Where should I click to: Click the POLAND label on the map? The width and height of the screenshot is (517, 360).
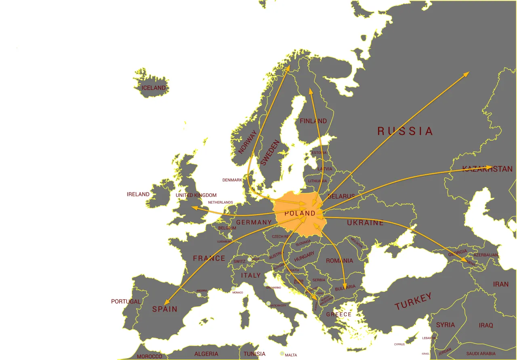click(x=300, y=213)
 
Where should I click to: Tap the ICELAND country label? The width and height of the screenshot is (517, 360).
click(x=153, y=88)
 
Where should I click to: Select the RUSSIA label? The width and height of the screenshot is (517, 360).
click(x=405, y=131)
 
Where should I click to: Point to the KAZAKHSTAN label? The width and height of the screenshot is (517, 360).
click(x=487, y=169)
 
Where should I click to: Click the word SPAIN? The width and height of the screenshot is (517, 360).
click(x=165, y=309)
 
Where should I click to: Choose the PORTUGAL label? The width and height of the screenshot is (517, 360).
click(x=126, y=301)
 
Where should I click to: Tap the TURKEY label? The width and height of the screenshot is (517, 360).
click(x=413, y=301)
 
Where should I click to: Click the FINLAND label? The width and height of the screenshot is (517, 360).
click(x=313, y=121)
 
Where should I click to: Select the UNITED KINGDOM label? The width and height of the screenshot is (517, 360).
click(x=196, y=195)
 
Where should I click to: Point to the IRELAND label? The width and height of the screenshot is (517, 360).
click(x=138, y=194)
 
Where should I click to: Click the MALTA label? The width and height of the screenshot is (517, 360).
click(x=291, y=355)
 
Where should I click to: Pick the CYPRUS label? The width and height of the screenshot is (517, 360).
click(x=399, y=344)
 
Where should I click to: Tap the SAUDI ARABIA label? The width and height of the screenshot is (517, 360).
click(x=481, y=354)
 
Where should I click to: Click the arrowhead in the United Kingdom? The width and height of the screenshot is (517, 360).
click(x=193, y=208)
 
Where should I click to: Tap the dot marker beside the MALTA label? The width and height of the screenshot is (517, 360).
click(x=282, y=354)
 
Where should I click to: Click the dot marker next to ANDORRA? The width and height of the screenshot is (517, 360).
click(x=199, y=295)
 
